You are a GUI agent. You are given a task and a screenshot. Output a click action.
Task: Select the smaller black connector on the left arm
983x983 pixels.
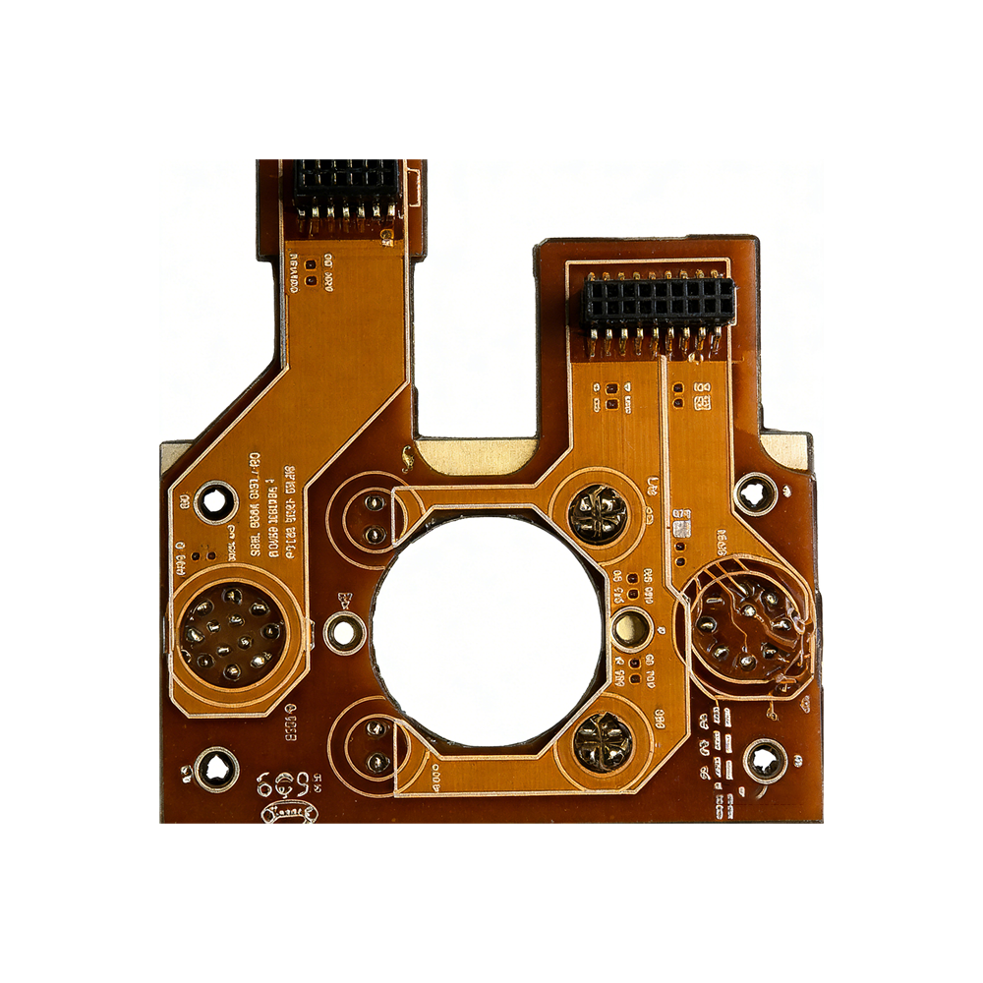coord(346,187)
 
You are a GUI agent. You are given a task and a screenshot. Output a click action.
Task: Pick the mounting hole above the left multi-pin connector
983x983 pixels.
coord(214,502)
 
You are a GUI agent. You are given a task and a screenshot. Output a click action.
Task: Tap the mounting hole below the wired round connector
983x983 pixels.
coord(765,760)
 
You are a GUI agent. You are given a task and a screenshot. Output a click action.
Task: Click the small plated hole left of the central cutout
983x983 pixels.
coord(343,630)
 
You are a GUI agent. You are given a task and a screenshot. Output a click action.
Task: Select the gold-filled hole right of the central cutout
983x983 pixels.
coord(629,625)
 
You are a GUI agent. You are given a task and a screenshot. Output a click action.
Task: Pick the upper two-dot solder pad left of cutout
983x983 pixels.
coord(374,519)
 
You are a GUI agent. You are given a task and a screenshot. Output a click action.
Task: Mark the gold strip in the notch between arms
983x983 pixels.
coord(476,454)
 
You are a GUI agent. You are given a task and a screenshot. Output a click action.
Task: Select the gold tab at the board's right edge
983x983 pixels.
coord(792,451)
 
